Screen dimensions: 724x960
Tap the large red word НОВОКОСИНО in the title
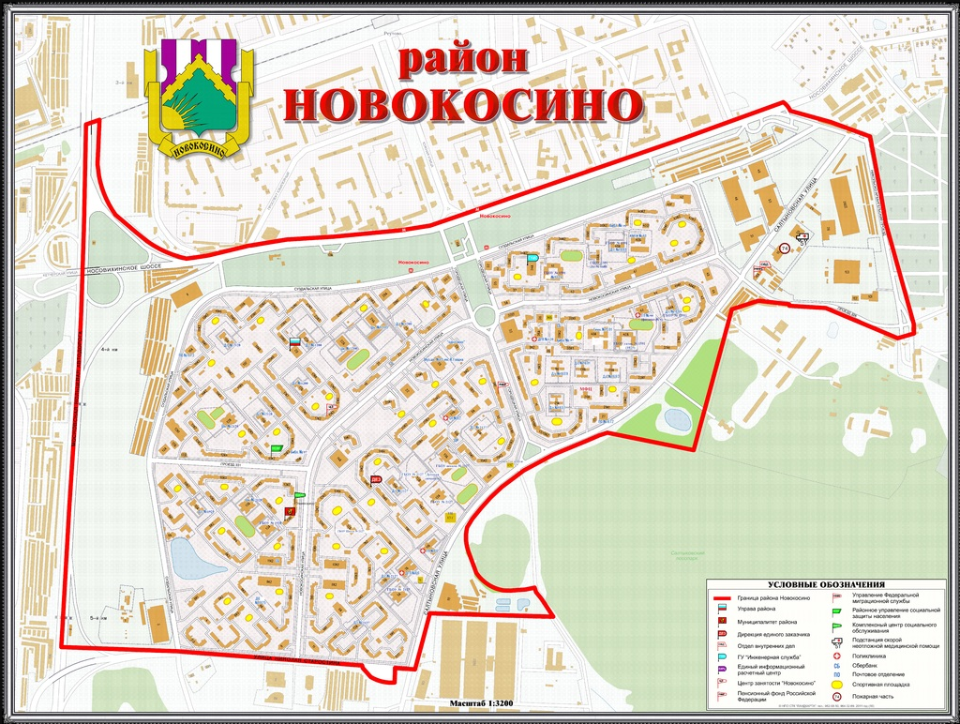tap(463, 105)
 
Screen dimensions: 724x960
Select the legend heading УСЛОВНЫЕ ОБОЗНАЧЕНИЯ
tap(826, 584)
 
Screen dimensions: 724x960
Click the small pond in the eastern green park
tap(675, 417)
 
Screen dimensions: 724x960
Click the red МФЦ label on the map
tap(583, 388)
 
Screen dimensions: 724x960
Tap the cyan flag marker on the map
tap(532, 257)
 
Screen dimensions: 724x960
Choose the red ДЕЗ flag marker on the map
tap(376, 481)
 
